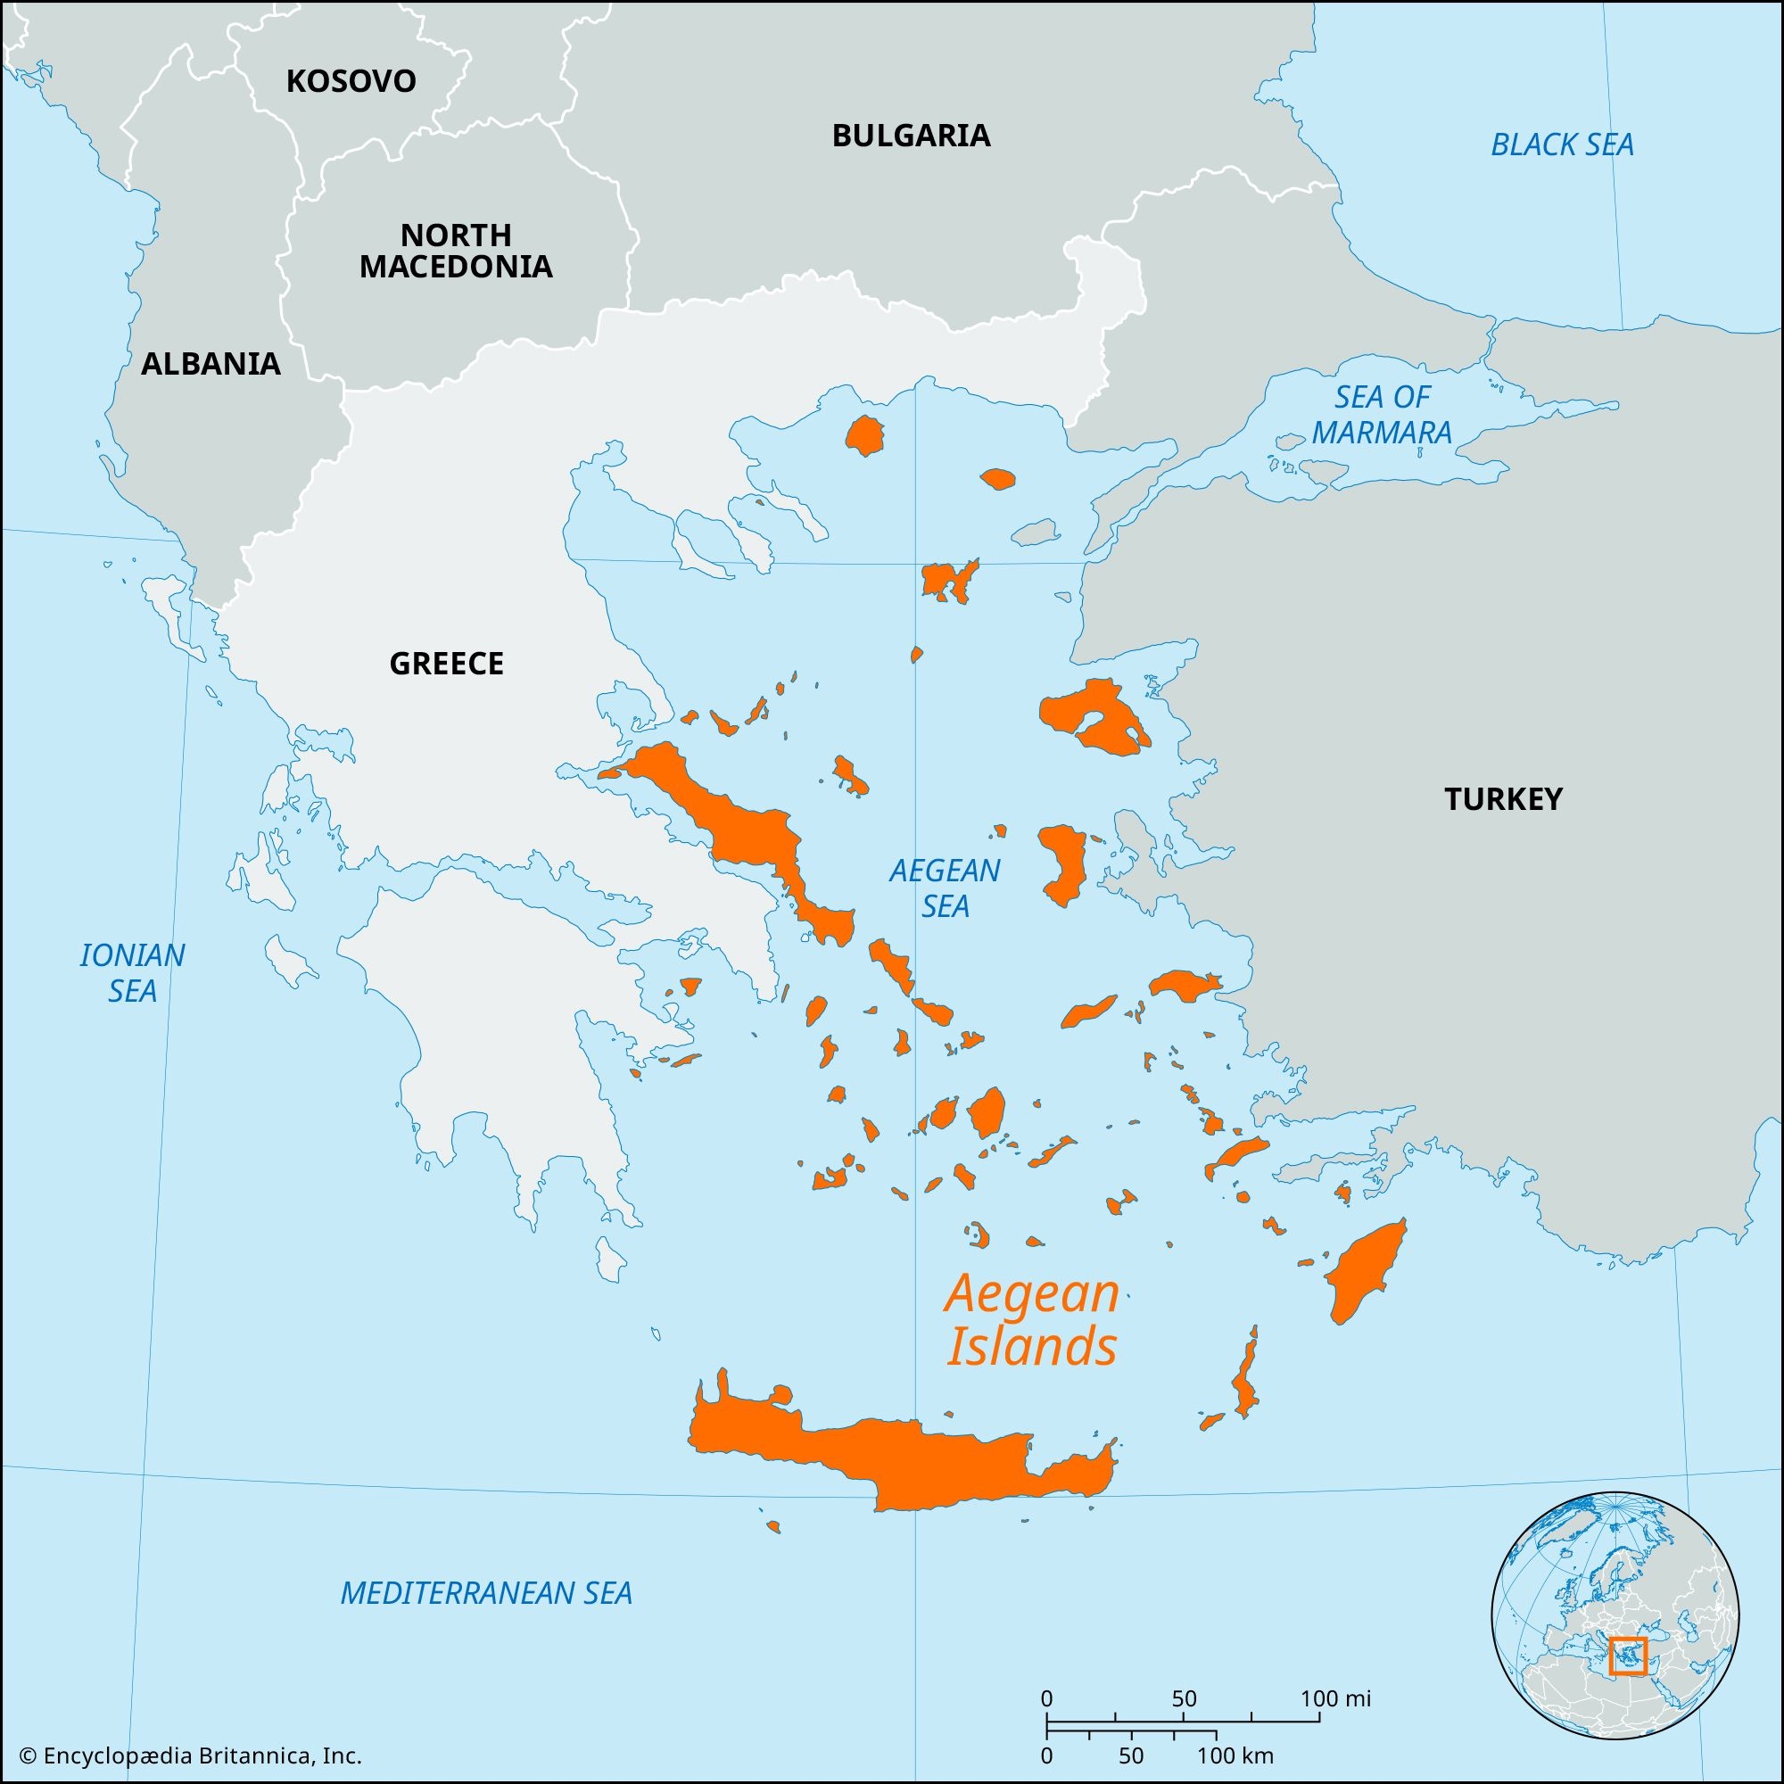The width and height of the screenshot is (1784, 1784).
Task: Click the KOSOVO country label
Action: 351,81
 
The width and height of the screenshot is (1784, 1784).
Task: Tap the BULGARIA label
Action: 911,136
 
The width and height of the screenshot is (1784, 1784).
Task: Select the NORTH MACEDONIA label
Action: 455,251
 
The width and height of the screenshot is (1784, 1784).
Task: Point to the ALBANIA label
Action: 211,364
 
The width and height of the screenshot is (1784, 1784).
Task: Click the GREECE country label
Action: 446,663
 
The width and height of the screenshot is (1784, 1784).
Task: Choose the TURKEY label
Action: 1502,798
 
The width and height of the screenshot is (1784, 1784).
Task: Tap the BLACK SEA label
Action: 1562,145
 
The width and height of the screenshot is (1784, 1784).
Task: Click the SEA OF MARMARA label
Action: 1382,415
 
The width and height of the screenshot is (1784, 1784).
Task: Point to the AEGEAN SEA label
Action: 944,888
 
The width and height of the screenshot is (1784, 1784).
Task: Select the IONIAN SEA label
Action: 132,972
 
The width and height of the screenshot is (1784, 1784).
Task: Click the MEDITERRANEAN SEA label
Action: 486,1593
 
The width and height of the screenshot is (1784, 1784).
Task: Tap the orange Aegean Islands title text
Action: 1031,1320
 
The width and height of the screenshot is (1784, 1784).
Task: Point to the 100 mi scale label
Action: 1335,1699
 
